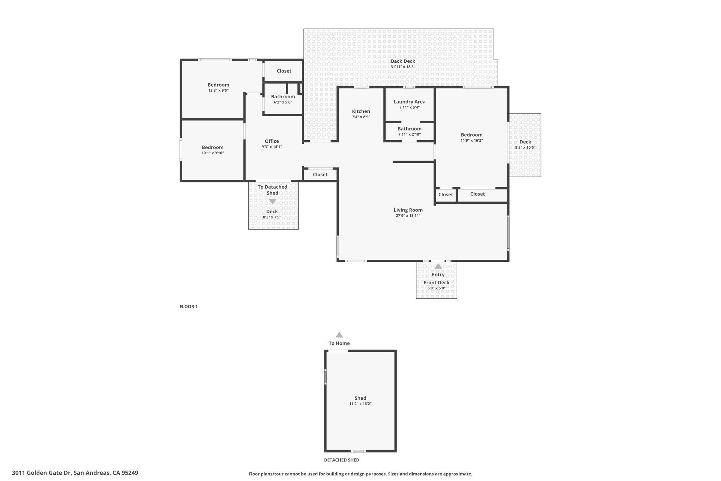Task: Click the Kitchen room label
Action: click(x=361, y=111)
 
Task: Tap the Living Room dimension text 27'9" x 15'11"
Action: click(x=408, y=216)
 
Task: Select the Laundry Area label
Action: click(x=409, y=102)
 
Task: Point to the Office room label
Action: click(x=272, y=141)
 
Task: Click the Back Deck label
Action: click(x=403, y=61)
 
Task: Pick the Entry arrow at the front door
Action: click(x=438, y=266)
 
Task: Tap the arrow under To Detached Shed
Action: click(x=272, y=202)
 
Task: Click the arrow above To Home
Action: click(x=339, y=335)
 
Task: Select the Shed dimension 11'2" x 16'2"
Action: click(x=360, y=404)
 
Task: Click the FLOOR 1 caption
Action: click(x=189, y=307)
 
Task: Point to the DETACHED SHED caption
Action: click(x=341, y=460)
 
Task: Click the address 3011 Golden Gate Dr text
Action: click(x=42, y=473)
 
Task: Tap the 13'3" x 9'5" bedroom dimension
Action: click(x=218, y=91)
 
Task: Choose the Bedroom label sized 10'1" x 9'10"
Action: click(x=213, y=147)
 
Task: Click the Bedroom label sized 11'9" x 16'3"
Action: click(x=472, y=135)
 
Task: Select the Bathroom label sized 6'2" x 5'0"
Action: click(x=283, y=97)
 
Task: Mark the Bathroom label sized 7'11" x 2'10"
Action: click(x=409, y=129)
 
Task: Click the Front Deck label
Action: click(x=437, y=283)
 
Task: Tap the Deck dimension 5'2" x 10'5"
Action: click(x=525, y=148)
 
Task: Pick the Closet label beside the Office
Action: click(x=320, y=174)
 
